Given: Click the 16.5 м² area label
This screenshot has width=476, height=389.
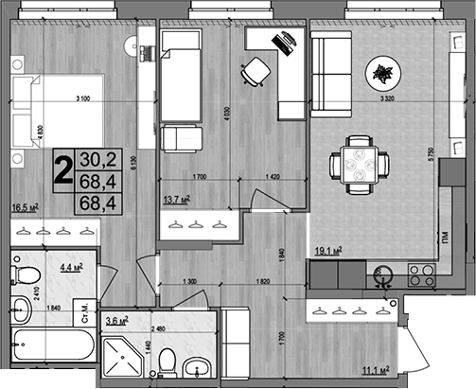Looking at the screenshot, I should (24, 204).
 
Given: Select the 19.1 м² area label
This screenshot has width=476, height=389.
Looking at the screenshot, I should (327, 251).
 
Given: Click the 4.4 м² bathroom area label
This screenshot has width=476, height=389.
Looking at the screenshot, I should (72, 269).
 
